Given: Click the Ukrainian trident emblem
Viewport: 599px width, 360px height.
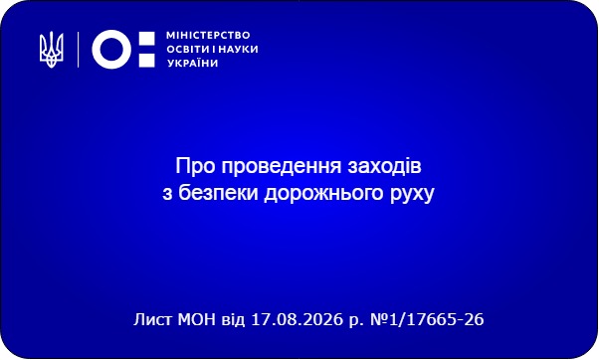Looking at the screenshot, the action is (x=51, y=50).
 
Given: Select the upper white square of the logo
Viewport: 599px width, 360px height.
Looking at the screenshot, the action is (x=146, y=39).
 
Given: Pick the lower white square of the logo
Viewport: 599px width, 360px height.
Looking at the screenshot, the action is (x=146, y=61).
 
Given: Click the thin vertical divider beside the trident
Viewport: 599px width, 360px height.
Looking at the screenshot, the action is (x=79, y=50).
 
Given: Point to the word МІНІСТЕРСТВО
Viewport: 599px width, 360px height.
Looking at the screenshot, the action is (x=208, y=36).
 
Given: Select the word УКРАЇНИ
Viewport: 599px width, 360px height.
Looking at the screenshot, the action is (x=193, y=63).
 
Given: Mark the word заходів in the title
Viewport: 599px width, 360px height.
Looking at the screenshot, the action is (x=384, y=166).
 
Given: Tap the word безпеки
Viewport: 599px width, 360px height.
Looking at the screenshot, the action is (x=219, y=192).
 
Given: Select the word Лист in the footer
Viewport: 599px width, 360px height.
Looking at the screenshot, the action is (x=153, y=319).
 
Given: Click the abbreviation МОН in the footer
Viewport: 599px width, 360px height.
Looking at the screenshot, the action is (x=197, y=319).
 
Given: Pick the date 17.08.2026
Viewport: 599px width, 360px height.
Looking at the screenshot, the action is (x=297, y=319).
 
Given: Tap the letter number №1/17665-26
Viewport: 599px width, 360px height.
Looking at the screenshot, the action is (x=427, y=319).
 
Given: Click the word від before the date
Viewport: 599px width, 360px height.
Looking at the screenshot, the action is (x=234, y=319).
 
